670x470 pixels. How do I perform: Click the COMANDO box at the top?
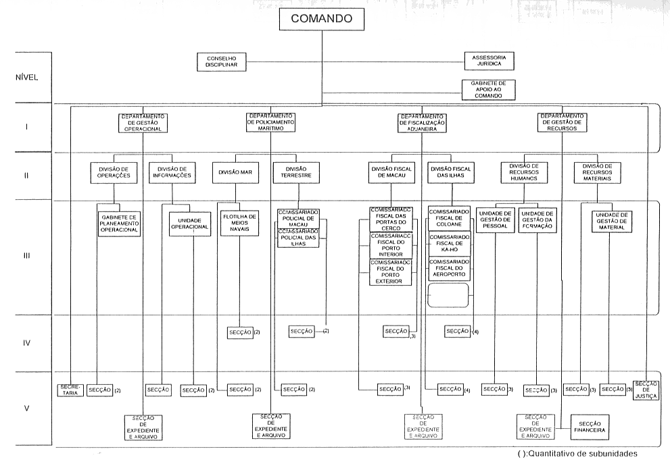click(x=321, y=20)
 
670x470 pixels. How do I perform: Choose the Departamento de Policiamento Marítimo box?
click(x=270, y=122)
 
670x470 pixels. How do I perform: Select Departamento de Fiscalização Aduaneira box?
click(x=422, y=122)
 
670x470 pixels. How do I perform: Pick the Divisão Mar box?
click(x=235, y=172)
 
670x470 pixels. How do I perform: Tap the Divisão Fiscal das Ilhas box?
click(x=449, y=172)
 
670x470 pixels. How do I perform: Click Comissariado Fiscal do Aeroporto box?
click(x=450, y=269)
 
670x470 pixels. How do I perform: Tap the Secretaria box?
click(x=70, y=390)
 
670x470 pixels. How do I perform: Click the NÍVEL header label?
click(x=26, y=76)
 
